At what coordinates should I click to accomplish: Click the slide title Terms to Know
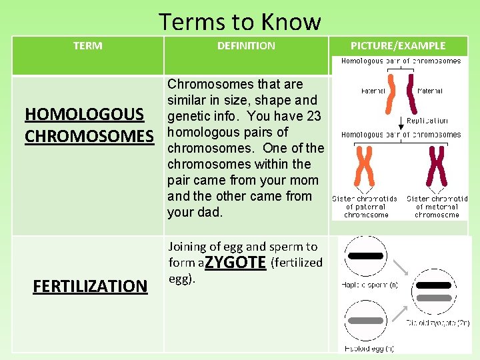coord(239,21)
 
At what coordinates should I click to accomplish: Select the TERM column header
coord(87,46)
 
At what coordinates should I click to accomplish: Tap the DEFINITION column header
coord(246,46)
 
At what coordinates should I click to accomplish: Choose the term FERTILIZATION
coord(90,286)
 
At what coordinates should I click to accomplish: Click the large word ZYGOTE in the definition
coord(235,262)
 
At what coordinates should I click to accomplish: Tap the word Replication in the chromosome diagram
coord(427,121)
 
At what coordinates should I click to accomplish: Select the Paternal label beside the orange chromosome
coord(373,91)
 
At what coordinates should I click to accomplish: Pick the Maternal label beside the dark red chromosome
coord(429,91)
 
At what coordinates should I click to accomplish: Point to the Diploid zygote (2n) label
coord(438,323)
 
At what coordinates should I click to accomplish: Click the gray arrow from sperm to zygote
coord(402,268)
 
